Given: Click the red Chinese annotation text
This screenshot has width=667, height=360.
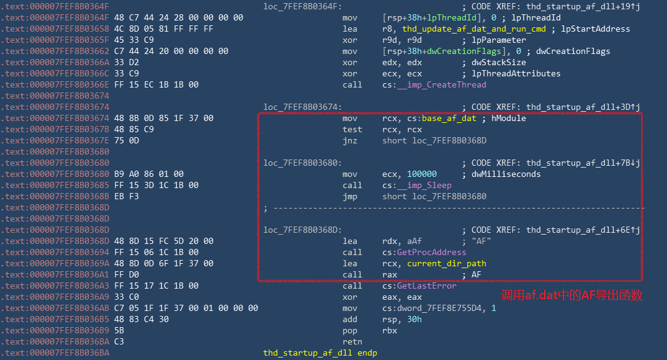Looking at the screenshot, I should coord(571,295).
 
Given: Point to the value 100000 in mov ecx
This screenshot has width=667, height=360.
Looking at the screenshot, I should coord(422,174).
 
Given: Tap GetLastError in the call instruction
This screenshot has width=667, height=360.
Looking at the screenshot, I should coord(426,286).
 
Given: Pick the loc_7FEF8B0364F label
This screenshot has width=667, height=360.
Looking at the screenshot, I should coord(302,6).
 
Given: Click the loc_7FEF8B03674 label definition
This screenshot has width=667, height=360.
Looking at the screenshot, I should coord(302,107).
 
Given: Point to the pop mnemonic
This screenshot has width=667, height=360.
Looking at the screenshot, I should coord(349,330).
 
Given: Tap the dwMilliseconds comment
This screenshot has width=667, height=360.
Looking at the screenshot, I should coord(506,174).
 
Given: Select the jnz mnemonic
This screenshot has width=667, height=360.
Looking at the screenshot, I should coord(349,140).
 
